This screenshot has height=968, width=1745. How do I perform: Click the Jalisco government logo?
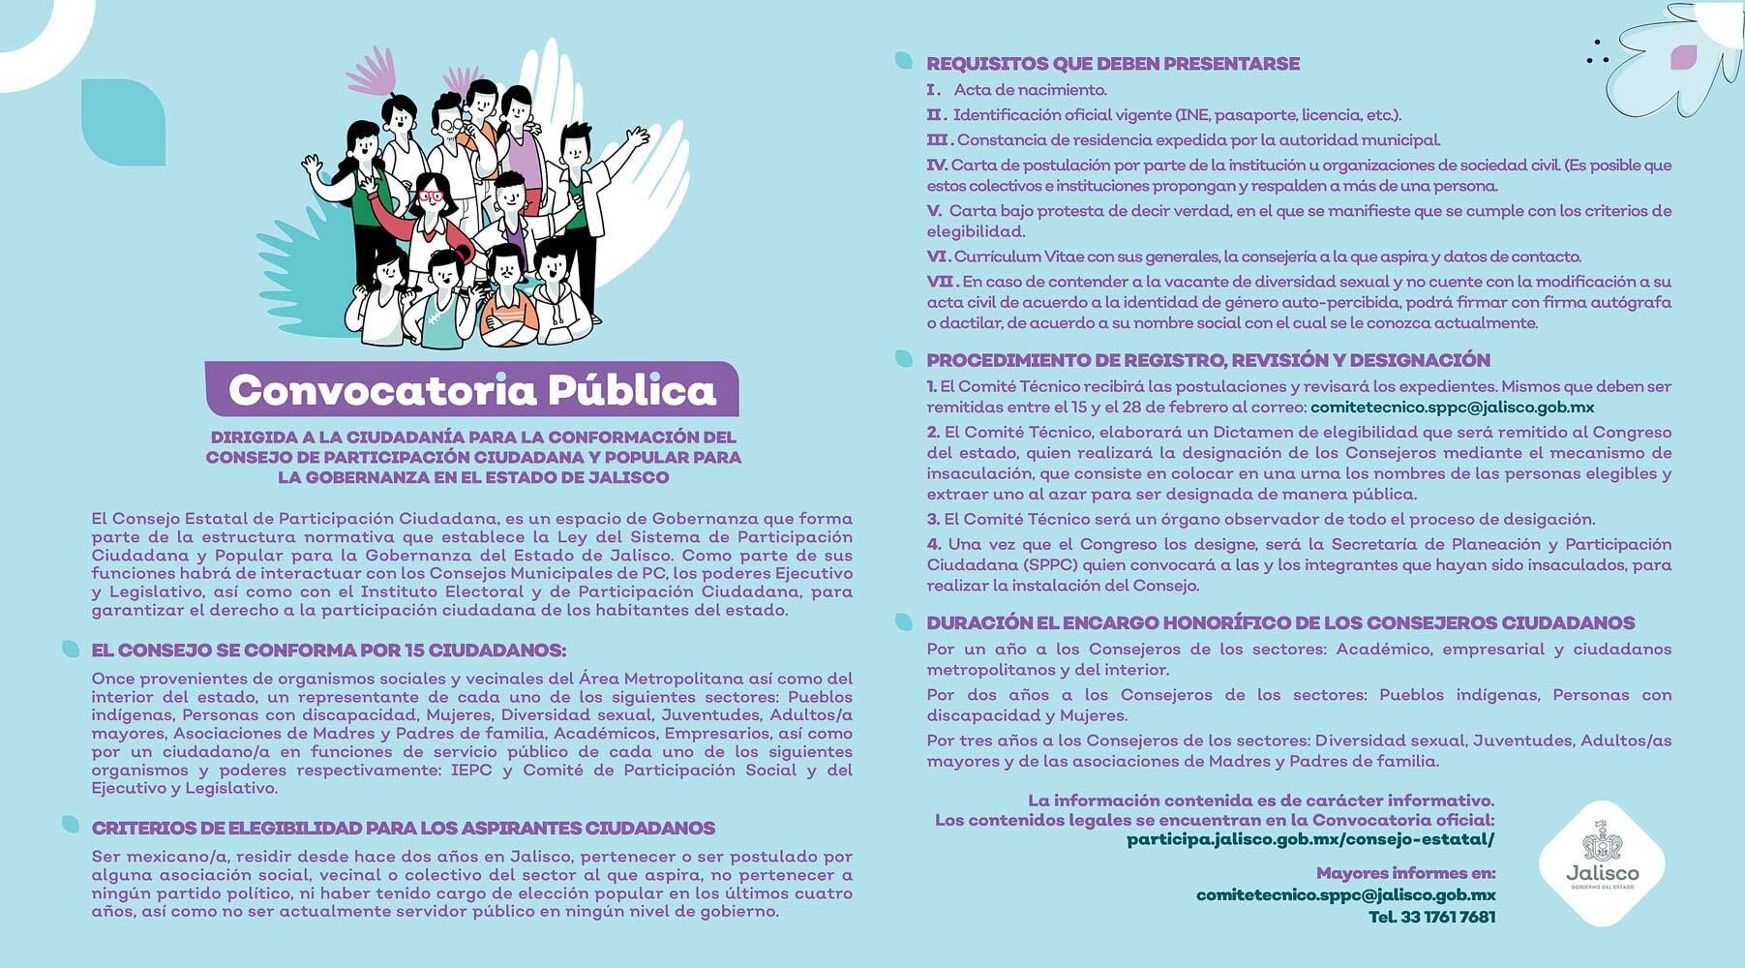[1601, 862]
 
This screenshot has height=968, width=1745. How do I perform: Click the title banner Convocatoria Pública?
[471, 389]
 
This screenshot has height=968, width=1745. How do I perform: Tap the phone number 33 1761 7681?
[1431, 917]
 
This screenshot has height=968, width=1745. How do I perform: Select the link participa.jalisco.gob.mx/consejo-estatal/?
[1310, 839]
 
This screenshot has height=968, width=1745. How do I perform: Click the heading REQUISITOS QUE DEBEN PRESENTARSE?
[1113, 64]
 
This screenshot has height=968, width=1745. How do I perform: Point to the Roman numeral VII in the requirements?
[940, 282]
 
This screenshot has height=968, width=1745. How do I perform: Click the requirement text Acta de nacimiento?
[1030, 90]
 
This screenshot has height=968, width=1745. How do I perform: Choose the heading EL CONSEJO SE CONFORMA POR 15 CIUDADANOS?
[328, 650]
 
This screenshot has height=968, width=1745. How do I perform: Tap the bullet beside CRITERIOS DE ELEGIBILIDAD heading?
[71, 825]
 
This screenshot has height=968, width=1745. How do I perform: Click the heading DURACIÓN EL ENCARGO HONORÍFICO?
[1279, 623]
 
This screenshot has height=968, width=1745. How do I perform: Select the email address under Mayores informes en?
[1345, 895]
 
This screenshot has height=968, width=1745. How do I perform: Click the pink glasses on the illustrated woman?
[430, 197]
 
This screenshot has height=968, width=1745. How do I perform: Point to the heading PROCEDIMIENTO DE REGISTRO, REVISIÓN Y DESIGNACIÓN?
[1208, 360]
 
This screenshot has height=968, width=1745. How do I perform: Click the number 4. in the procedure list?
[934, 544]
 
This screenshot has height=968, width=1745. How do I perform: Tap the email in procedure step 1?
[1452, 408]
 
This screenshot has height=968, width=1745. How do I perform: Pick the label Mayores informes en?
[1405, 873]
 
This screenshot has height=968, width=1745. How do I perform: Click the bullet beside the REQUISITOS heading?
[904, 61]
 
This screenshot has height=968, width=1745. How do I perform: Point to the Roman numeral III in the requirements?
[939, 140]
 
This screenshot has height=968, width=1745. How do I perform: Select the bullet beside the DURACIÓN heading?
[904, 621]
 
